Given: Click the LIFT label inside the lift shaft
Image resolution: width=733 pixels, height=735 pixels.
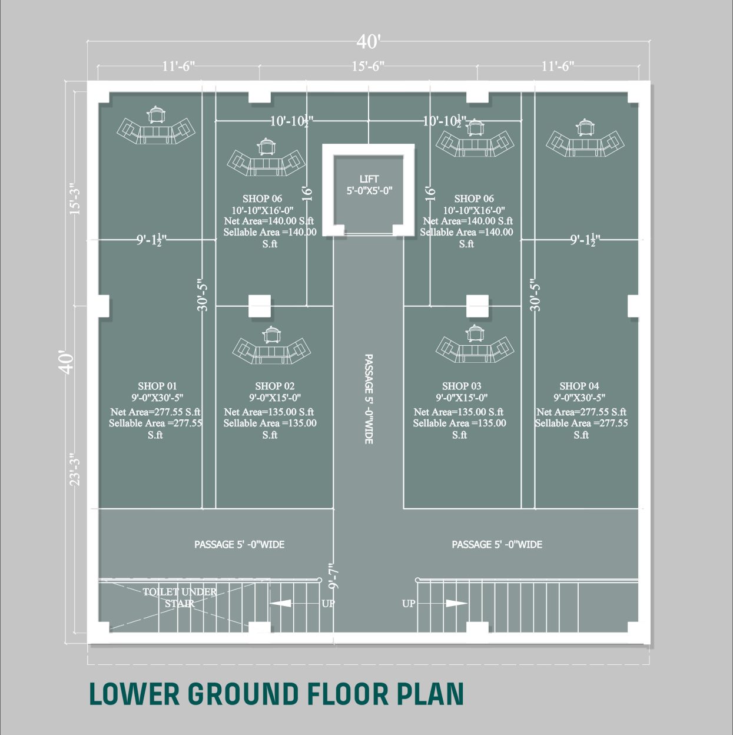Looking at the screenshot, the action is tap(369, 178).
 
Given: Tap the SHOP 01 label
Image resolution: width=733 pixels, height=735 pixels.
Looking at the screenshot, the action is tap(157, 386).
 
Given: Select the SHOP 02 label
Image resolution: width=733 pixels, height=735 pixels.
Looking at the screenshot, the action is tap(274, 386).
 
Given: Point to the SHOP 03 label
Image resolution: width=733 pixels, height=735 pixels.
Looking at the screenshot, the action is tap(462, 386).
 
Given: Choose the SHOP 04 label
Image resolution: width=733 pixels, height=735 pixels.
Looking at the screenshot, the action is tap(579, 386).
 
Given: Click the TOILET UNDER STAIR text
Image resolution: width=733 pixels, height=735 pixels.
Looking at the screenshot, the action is tap(180, 598).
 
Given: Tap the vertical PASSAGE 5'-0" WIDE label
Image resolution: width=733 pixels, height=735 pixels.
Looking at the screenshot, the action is tap(369, 399).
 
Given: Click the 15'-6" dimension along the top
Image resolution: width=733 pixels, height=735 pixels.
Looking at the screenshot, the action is tap(367, 67).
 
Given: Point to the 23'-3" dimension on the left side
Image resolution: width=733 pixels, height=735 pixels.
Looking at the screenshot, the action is tap(75, 469).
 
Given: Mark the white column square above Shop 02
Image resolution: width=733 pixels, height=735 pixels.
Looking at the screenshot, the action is tap(260, 306).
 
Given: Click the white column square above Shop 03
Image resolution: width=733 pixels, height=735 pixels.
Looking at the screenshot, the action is tap(477, 306).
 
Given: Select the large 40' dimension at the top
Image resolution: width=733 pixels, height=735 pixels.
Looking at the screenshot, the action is tap(369, 42).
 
